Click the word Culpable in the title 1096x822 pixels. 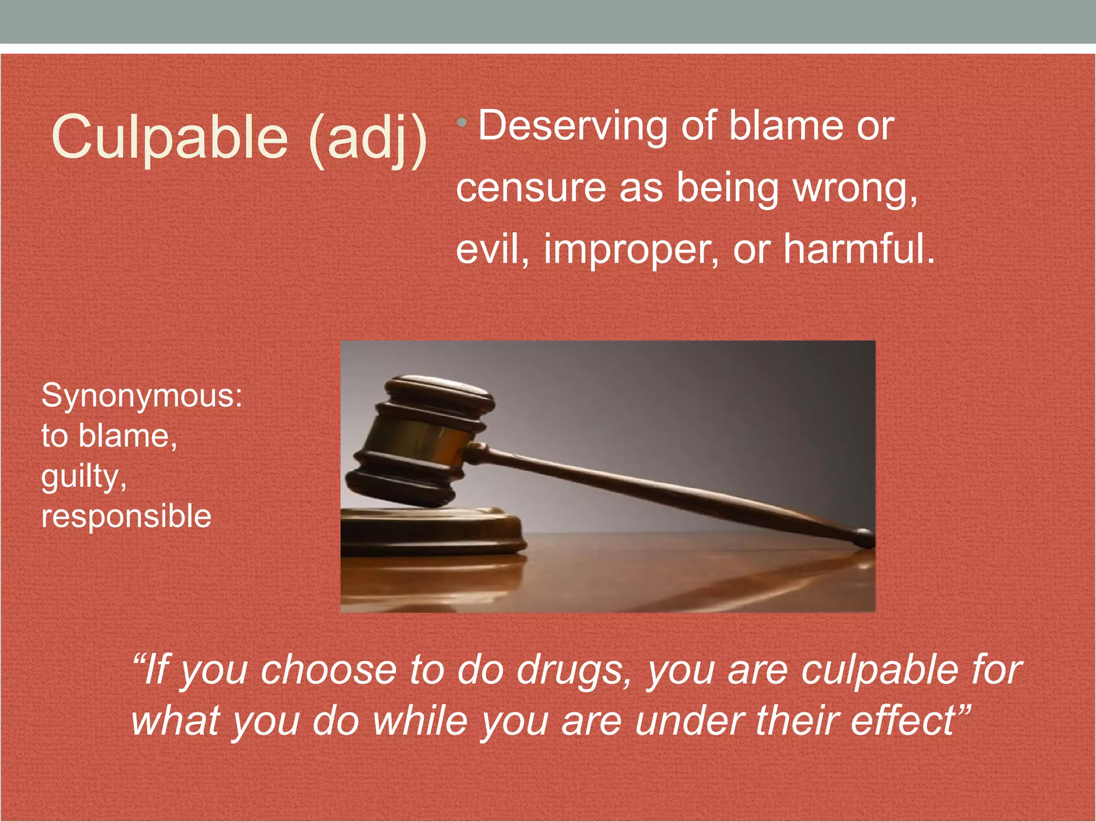pos(170,138)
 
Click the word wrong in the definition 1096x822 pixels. pos(854,189)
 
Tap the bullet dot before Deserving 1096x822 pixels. pos(462,124)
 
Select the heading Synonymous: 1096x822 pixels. pos(142,396)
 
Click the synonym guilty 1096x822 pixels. pos(83,476)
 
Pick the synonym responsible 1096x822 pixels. pos(126,516)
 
